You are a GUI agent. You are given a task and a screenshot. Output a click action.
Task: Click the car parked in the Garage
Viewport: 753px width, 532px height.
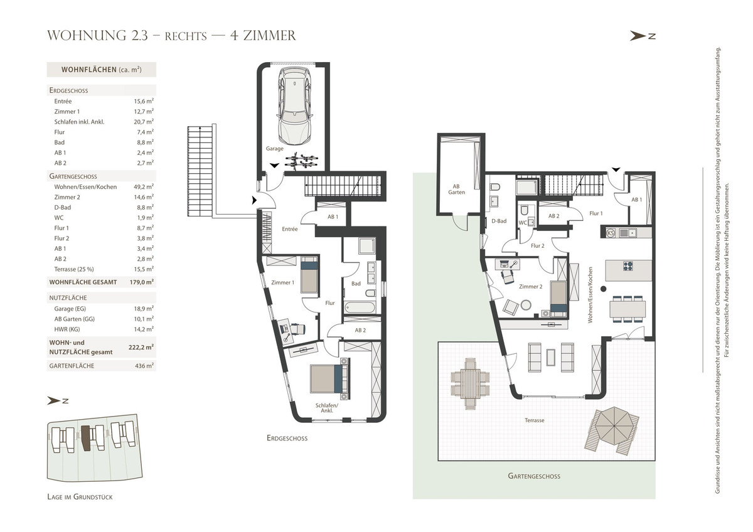point(294,106)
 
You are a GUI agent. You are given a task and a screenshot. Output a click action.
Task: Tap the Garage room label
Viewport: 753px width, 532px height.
point(275,149)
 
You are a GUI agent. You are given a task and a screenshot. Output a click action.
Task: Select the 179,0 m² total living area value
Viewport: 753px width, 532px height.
point(142,282)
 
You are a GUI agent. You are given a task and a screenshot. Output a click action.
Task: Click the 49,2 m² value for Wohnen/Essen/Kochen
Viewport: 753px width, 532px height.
point(144,186)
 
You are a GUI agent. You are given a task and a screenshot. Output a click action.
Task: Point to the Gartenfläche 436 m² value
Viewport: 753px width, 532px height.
point(144,366)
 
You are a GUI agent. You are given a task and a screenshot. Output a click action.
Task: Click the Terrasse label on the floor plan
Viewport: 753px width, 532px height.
point(534,420)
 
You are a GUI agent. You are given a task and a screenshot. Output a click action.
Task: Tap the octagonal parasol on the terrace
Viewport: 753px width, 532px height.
point(614,425)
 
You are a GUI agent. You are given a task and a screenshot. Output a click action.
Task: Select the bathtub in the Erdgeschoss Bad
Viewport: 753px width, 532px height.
point(360,307)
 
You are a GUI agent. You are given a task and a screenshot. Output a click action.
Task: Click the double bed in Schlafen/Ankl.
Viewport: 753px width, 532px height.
point(329,379)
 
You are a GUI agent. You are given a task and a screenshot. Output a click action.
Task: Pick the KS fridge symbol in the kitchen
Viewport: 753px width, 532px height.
point(611,233)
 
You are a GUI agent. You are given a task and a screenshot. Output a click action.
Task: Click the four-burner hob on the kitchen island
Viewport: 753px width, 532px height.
point(627,266)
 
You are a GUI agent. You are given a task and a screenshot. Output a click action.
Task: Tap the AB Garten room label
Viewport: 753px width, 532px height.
point(456,189)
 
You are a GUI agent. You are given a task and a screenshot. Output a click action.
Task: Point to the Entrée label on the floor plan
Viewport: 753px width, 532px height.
point(290,229)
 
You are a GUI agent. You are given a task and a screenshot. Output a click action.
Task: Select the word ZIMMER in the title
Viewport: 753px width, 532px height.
point(270,36)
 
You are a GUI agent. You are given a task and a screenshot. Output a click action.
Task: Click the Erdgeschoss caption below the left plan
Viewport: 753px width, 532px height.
point(287,438)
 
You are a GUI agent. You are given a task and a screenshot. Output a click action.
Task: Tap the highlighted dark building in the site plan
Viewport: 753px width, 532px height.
point(87,438)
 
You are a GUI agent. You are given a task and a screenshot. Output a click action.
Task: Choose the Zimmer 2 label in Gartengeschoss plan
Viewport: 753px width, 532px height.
point(530,287)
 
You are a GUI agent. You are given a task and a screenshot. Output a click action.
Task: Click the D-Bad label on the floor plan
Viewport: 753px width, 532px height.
point(499,221)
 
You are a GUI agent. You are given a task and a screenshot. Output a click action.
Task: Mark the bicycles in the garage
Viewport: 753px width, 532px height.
point(301,161)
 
